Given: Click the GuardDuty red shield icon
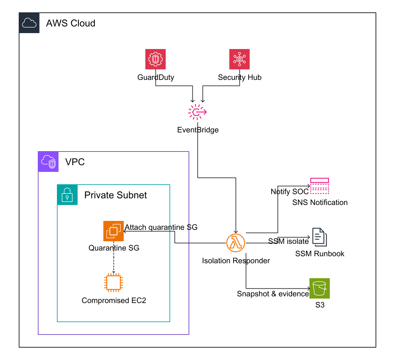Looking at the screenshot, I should (156, 59).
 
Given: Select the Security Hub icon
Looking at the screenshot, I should (239, 59).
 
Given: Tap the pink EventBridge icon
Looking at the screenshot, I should (198, 112).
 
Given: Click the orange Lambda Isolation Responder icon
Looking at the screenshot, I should (236, 243).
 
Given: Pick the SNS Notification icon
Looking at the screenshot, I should (319, 186).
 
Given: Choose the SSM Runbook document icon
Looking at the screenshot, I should (319, 237).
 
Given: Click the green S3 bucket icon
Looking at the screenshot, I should (319, 288).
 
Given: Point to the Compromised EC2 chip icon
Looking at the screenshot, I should (114, 283).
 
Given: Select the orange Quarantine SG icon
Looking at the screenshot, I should (114, 231).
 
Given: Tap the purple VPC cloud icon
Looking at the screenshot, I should (48, 162).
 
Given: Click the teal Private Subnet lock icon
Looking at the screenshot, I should (67, 195).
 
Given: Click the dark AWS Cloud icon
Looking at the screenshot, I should (29, 23).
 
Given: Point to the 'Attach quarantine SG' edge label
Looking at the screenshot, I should (161, 227).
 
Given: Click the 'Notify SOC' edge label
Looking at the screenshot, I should (289, 192).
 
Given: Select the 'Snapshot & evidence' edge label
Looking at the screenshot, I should (273, 294).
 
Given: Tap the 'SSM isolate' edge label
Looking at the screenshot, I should (288, 241).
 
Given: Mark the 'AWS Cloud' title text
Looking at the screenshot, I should (71, 23).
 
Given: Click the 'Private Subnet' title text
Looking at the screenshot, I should (115, 195).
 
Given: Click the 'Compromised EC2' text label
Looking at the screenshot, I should (114, 300).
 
